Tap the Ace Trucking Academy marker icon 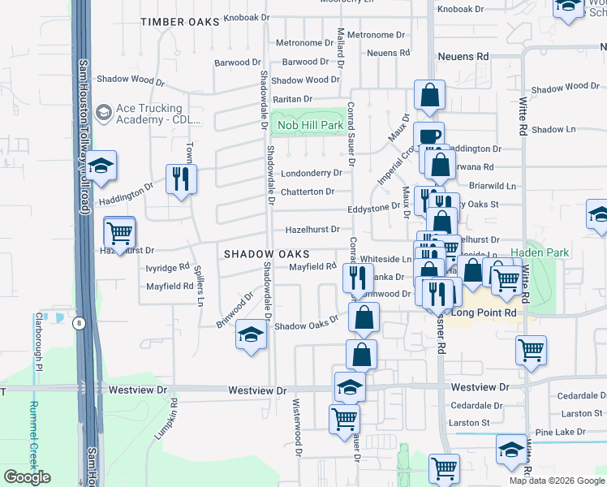(x=103, y=111)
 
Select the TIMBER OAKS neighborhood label (x=179, y=22)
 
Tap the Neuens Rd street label (x=463, y=57)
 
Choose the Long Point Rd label (x=484, y=312)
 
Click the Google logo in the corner (x=27, y=477)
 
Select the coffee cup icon (x=428, y=136)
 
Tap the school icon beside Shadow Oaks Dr (x=251, y=334)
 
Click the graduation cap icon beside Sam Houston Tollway (x=101, y=166)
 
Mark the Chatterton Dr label (x=308, y=192)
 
